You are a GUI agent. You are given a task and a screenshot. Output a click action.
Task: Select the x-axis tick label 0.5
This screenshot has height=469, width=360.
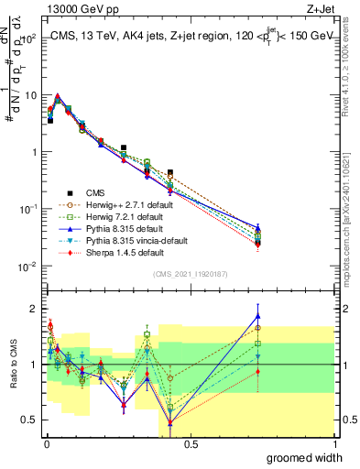coord(190,444)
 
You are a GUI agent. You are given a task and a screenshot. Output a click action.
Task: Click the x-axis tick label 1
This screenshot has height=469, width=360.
coord(333,444)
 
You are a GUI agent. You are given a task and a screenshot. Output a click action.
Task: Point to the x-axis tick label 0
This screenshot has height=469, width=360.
coord(46,444)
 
